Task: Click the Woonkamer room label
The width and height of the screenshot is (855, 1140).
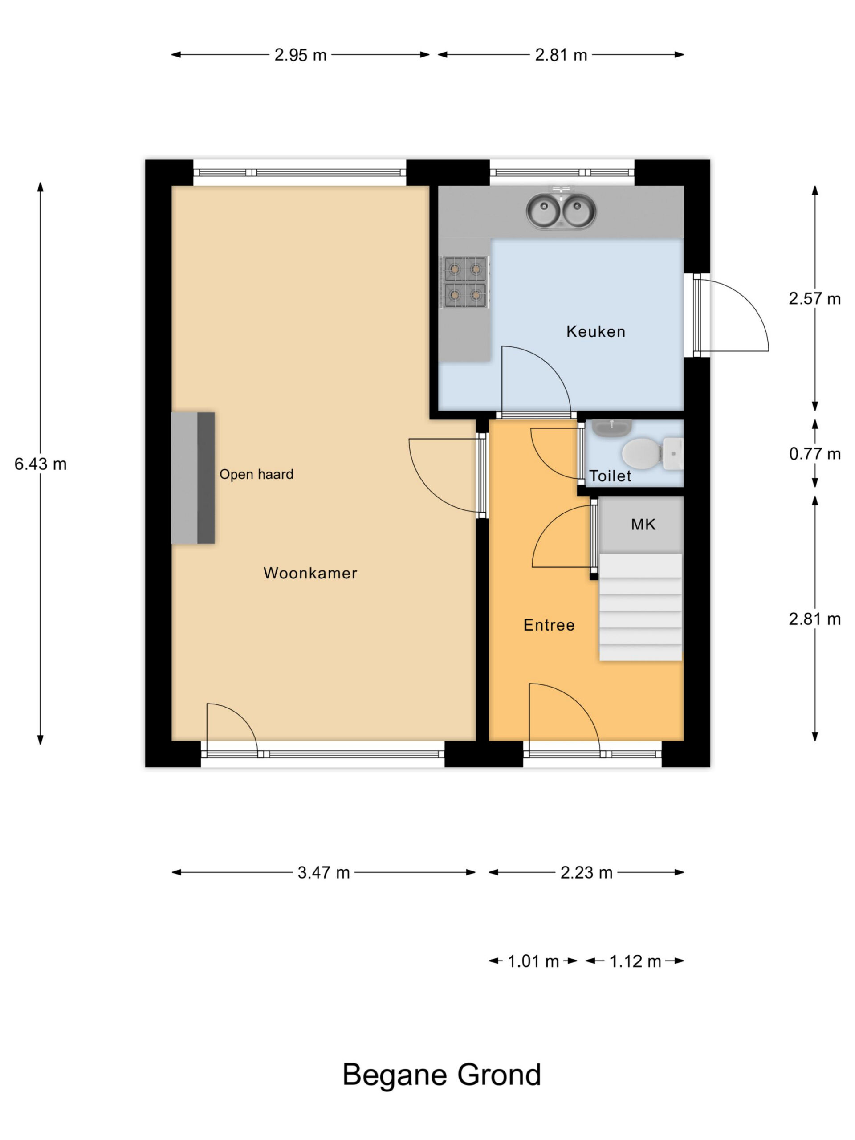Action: tap(310, 573)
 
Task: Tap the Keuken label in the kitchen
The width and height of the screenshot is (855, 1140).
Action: tap(596, 331)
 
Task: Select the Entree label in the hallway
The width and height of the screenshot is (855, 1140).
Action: tap(549, 625)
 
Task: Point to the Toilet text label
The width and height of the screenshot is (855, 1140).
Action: tap(610, 476)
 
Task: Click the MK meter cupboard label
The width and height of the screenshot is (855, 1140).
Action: tap(643, 525)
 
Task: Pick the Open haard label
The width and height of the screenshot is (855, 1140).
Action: tap(256, 474)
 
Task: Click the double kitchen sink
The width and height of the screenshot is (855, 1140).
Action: tap(561, 211)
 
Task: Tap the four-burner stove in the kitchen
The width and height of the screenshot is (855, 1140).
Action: tap(465, 282)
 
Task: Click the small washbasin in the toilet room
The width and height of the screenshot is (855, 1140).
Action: tap(612, 427)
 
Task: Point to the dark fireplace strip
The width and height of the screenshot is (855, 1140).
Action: tap(206, 477)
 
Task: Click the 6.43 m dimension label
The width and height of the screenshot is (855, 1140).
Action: tap(40, 464)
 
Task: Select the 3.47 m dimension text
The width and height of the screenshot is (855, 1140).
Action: tap(324, 872)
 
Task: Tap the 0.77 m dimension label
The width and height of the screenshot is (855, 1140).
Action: tap(815, 454)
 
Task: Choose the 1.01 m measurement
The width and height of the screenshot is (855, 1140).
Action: tap(533, 961)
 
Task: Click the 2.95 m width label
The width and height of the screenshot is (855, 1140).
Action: tap(301, 55)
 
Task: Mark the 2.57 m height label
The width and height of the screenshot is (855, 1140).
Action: tap(815, 298)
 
